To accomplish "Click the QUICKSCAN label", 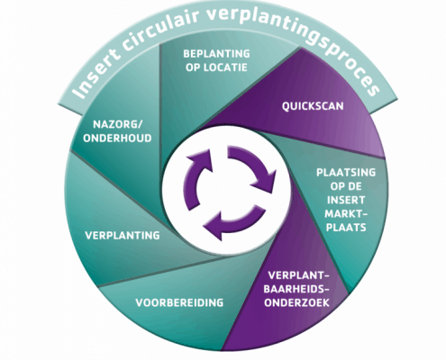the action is (313, 106).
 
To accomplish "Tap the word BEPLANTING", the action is (216, 54).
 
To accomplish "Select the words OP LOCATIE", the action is (216, 67).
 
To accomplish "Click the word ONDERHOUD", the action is (117, 139).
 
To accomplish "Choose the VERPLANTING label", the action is (123, 236).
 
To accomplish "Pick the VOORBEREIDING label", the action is (179, 302).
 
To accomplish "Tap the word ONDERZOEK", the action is (296, 302).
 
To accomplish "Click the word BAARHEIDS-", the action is (296, 289).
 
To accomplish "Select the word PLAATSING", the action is (346, 173).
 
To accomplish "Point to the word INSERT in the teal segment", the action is (346, 200).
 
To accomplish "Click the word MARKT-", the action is (346, 213).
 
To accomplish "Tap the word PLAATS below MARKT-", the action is (346, 228).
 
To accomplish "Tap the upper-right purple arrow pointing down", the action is (253, 167).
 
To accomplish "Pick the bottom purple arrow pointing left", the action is (233, 222).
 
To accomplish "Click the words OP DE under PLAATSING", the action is (346, 186).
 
